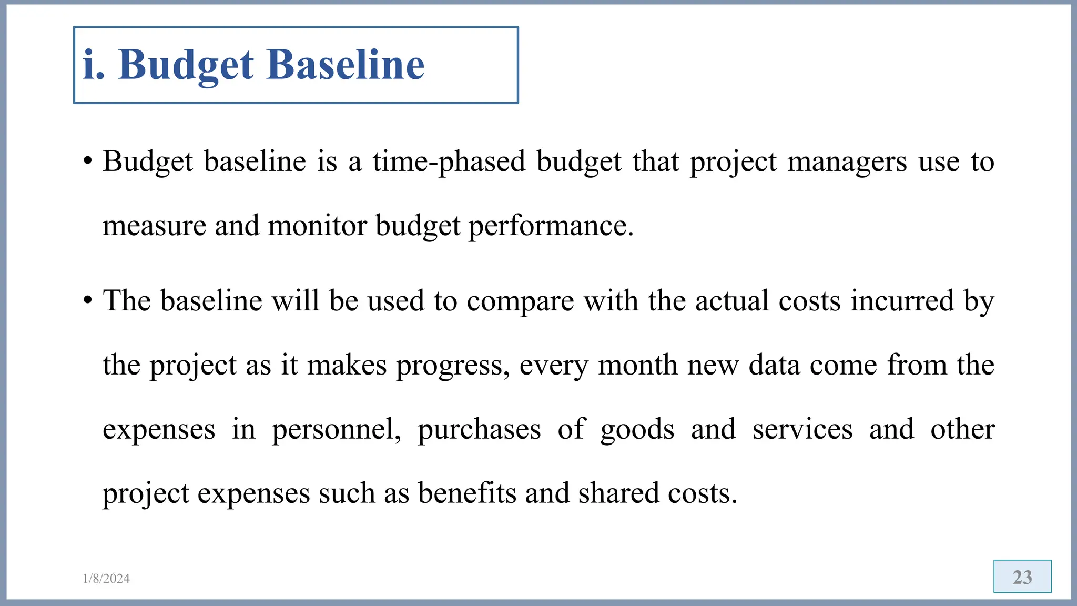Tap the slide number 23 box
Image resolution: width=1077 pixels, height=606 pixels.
pos(1022,577)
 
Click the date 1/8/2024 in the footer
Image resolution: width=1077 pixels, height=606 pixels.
pos(106,579)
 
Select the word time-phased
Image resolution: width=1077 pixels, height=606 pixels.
pos(449,161)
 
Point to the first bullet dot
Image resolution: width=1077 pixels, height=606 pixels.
pos(88,161)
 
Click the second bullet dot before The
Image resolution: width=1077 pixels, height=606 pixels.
pos(88,301)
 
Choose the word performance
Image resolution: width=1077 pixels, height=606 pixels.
pos(551,226)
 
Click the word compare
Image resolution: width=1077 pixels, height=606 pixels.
pos(520,301)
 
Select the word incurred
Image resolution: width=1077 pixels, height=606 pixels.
pos(902,301)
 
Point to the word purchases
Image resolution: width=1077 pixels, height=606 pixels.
pos(479,429)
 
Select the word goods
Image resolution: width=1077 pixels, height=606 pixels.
pos(637,429)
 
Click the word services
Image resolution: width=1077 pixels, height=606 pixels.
pos(802,429)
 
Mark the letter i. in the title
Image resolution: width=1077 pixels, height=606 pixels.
pos(94,65)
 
